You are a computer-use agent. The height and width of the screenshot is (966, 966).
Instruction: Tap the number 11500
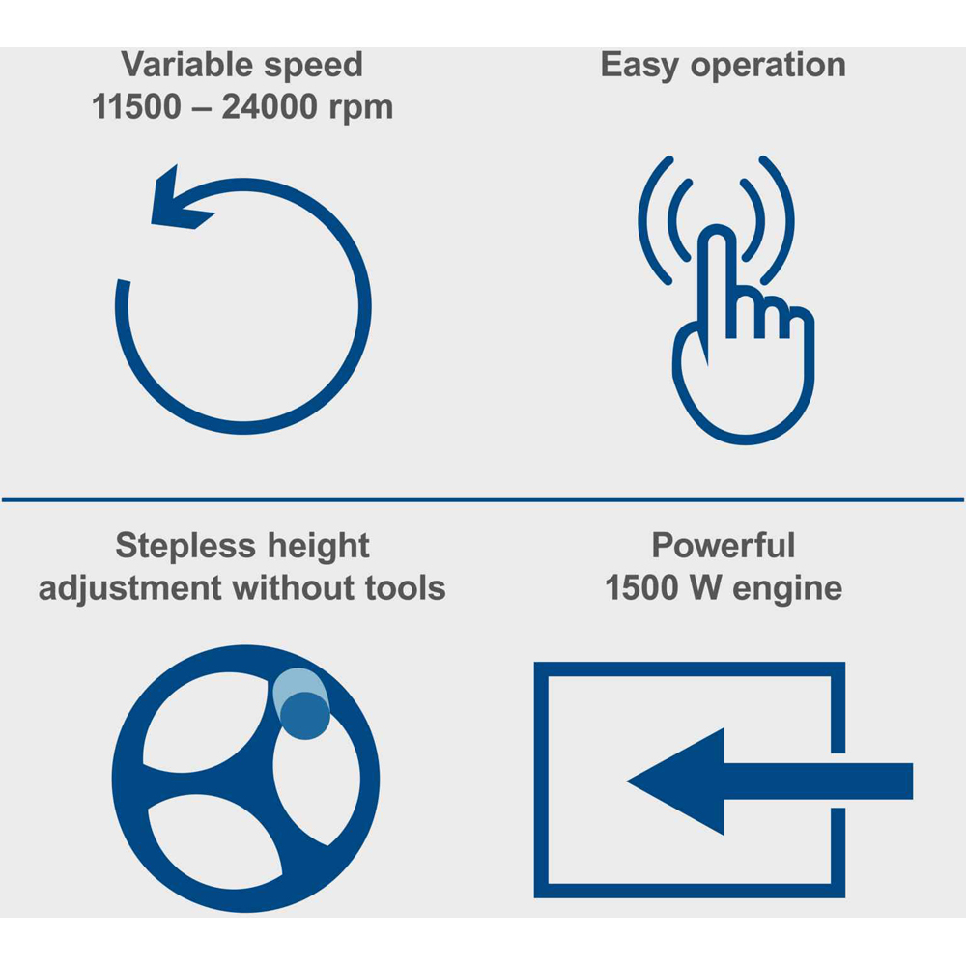click(x=136, y=106)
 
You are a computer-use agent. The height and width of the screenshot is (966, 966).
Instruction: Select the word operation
click(x=768, y=66)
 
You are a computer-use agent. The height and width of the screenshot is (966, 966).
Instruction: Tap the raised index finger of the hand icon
click(x=717, y=283)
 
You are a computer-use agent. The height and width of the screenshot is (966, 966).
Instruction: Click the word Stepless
click(x=185, y=547)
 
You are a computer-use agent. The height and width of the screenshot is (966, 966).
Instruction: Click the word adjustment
click(x=130, y=588)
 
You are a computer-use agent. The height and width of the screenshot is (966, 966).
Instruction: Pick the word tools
click(x=406, y=587)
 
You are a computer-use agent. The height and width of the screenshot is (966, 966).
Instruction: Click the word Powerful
click(x=724, y=545)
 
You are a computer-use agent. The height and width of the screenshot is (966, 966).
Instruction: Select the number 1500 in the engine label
click(x=641, y=587)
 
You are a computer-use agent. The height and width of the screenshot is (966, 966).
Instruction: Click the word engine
click(x=787, y=590)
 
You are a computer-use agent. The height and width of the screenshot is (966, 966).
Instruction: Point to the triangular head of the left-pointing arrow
click(x=676, y=781)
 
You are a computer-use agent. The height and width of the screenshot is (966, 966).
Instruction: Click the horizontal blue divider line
click(x=483, y=499)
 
